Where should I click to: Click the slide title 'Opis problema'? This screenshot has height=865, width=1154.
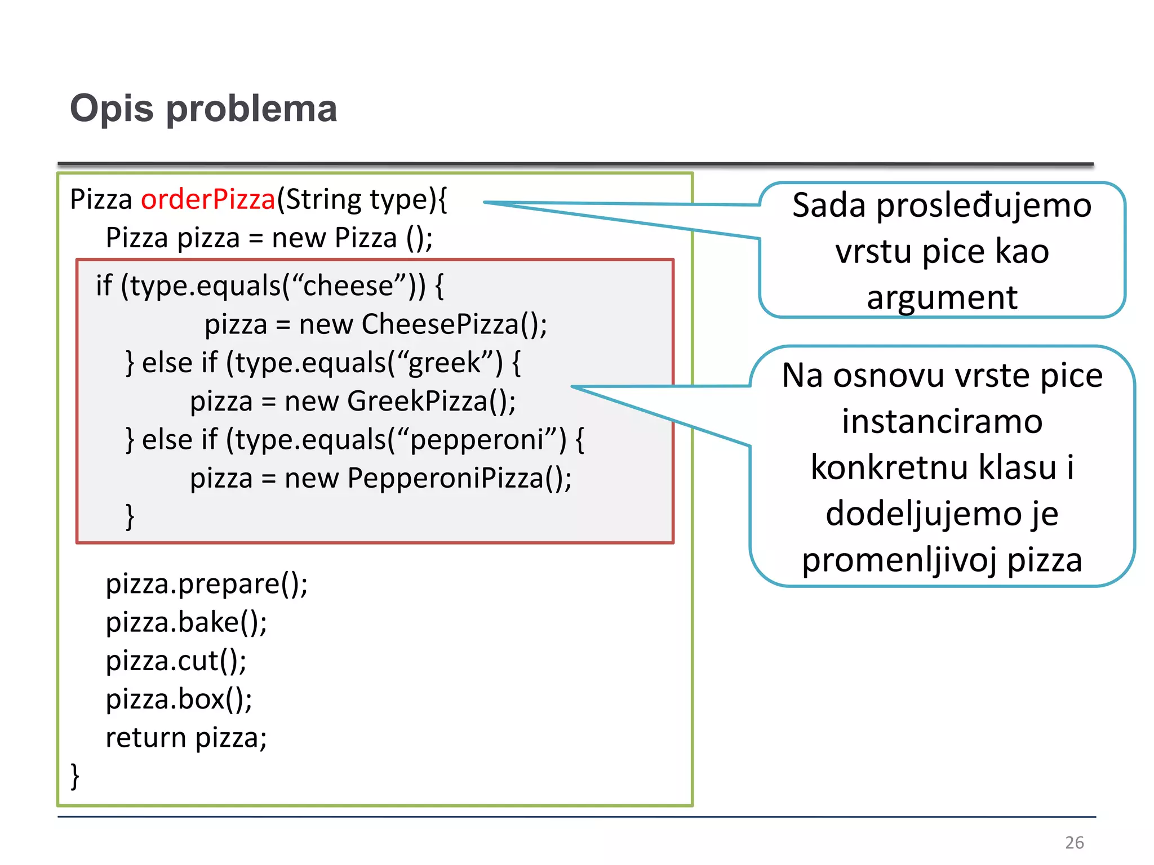[203, 108]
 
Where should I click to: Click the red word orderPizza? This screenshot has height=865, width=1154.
[208, 199]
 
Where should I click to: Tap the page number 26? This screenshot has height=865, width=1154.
[1074, 842]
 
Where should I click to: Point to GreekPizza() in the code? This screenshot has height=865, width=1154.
[431, 402]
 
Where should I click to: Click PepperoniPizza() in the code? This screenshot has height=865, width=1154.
[459, 479]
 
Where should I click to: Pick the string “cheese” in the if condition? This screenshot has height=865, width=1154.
[348, 286]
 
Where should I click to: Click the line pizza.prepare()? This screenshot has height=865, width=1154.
[207, 584]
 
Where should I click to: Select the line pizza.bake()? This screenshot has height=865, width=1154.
[187, 623]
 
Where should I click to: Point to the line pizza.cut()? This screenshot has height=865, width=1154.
[176, 661]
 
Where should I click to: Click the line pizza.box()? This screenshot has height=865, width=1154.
[179, 699]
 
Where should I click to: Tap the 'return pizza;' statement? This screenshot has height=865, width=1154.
[186, 738]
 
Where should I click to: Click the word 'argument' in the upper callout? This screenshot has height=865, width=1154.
[942, 297]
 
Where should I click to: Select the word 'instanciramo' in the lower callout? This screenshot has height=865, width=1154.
[942, 422]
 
